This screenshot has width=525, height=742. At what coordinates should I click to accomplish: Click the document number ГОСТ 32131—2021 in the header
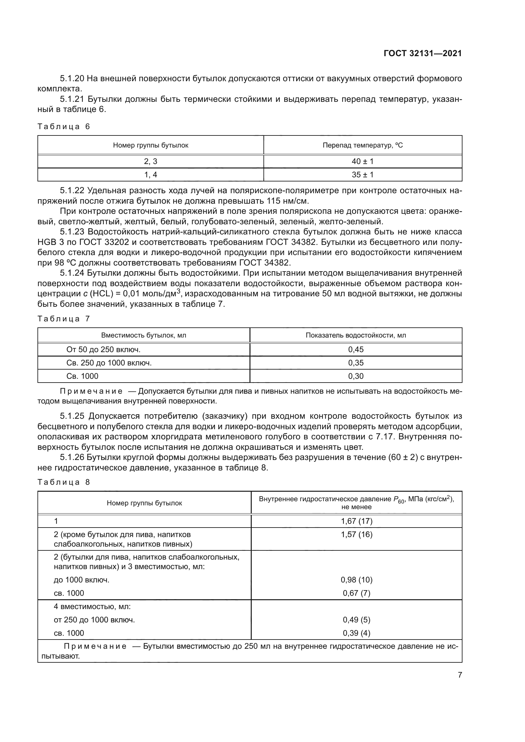[422, 53]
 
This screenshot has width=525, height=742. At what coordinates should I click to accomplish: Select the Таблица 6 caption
[64, 126]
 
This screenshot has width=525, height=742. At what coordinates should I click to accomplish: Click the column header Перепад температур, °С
[363, 145]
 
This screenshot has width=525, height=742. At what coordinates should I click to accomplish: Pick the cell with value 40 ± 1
[362, 161]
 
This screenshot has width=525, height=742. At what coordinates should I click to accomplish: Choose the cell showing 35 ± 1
[362, 175]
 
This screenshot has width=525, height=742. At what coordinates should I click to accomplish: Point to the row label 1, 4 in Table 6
[150, 175]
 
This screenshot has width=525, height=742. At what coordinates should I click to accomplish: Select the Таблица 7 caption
[64, 318]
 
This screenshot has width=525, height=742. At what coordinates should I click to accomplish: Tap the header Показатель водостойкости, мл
[356, 335]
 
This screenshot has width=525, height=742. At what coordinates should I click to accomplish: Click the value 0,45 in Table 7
[356, 349]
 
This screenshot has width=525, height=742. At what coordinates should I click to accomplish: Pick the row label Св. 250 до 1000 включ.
[109, 363]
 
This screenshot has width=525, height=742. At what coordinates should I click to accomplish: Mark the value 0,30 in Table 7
[356, 376]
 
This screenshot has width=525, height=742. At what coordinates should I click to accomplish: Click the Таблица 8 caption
[64, 482]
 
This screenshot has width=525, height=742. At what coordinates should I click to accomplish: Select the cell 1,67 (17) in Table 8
[356, 521]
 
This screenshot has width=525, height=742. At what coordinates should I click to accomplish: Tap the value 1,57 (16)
[356, 534]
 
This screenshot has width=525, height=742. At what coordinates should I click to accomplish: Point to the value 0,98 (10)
[356, 580]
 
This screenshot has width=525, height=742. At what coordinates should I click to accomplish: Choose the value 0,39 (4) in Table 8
[356, 633]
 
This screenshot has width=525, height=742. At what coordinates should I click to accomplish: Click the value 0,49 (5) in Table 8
[356, 620]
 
